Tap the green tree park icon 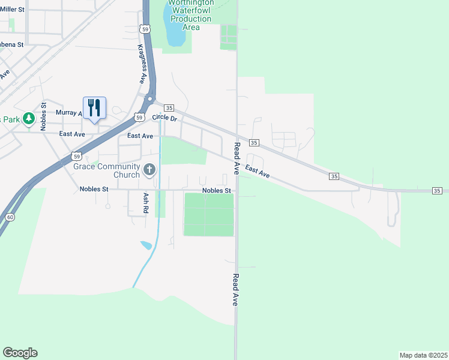(x=28, y=118)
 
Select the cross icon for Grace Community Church (x=149, y=170)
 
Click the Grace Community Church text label (x=106, y=170)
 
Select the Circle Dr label (x=165, y=118)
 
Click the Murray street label (x=67, y=112)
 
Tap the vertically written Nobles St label (x=43, y=116)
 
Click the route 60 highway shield (x=8, y=216)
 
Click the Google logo (x=20, y=353)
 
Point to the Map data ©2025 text (x=423, y=355)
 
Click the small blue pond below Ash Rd (x=145, y=245)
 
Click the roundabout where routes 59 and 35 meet (x=150, y=100)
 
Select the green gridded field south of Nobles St (x=208, y=214)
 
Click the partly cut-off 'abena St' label (x=11, y=44)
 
